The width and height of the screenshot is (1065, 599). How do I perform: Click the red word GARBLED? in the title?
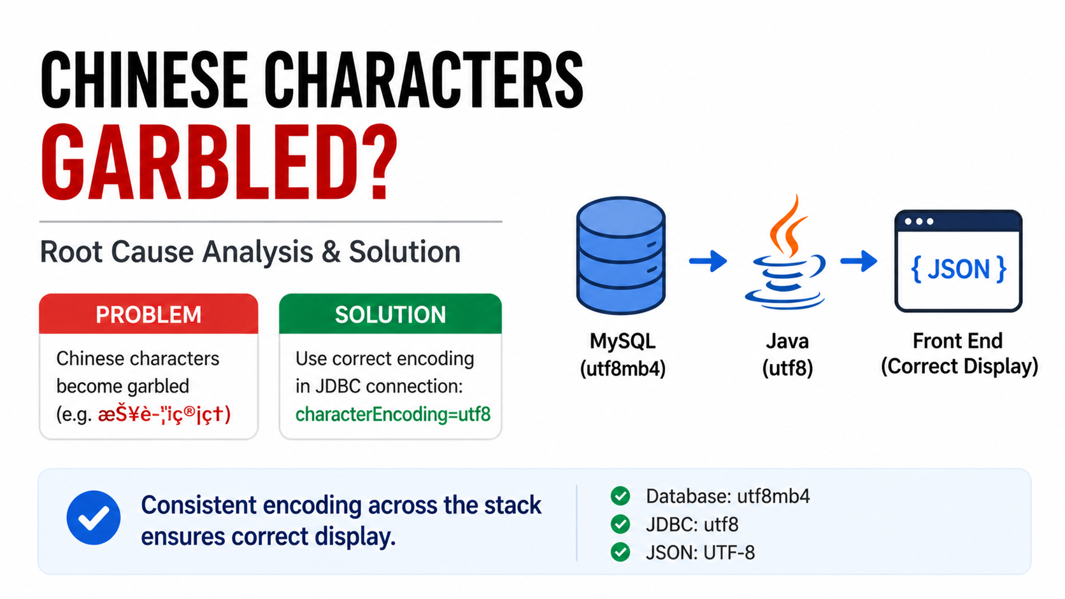[219, 162]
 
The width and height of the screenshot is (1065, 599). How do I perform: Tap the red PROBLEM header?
[148, 314]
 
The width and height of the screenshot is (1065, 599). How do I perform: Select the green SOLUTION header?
[390, 314]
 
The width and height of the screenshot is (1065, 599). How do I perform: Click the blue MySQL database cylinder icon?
[621, 255]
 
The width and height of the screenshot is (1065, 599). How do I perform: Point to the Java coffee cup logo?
[785, 253]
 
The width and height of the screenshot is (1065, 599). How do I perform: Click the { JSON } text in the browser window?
[958, 269]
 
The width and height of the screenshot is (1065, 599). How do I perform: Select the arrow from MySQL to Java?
[708, 261]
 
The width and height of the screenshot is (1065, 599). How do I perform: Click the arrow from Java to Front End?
[859, 261]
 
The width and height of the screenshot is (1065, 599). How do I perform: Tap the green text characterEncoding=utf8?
[393, 414]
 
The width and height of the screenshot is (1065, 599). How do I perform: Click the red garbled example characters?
[164, 414]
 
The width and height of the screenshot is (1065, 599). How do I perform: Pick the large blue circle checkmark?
[93, 518]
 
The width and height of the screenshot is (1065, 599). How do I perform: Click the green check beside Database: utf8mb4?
[620, 496]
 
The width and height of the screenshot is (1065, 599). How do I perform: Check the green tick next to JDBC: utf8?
[620, 524]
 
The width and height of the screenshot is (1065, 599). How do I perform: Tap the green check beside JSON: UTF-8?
[620, 552]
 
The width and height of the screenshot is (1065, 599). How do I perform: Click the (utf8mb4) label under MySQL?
[622, 368]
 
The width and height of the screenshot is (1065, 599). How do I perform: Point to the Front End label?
[958, 341]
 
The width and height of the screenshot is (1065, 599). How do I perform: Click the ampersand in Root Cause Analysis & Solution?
[331, 252]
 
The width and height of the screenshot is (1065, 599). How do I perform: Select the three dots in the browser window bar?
[918, 222]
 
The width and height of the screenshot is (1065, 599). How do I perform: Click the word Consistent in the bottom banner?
[198, 505]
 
